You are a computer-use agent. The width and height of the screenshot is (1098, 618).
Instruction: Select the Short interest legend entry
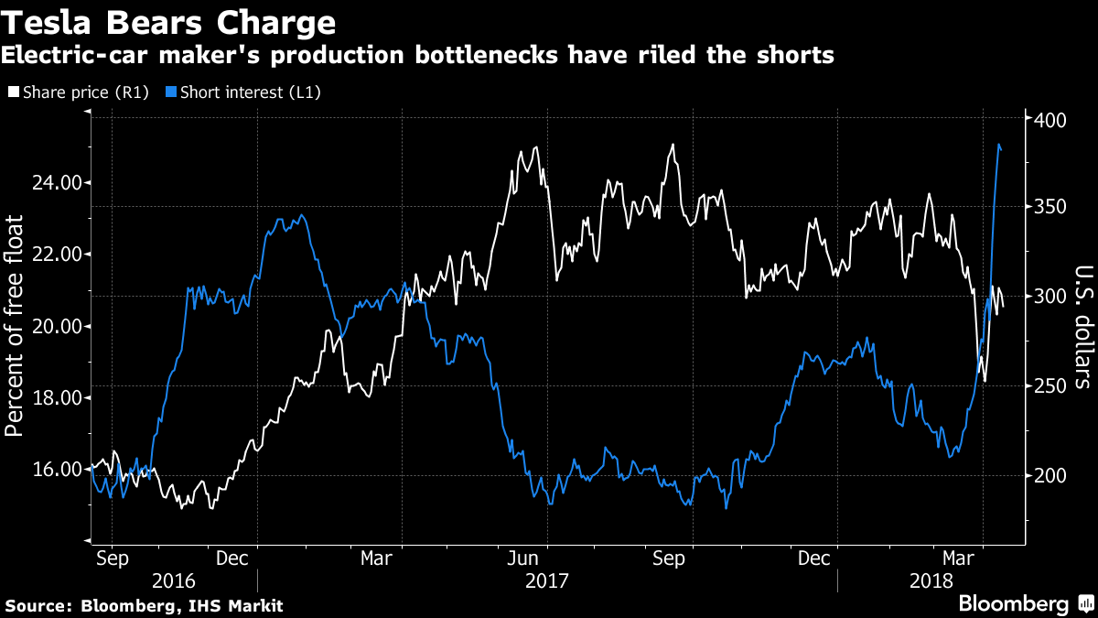pos(242,92)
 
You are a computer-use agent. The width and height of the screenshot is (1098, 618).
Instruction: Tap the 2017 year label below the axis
pos(547,581)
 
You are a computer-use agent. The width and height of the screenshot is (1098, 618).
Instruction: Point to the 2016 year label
pos(174,581)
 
